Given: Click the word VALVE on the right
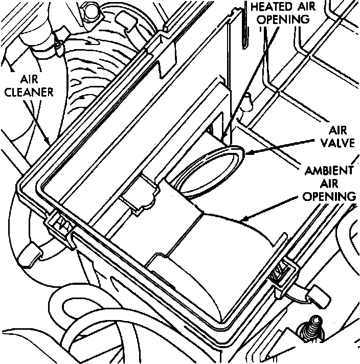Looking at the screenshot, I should (337, 144).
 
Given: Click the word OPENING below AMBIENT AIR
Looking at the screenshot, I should (329, 197).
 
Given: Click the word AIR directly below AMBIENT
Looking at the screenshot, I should (336, 184).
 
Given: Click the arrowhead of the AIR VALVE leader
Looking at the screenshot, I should (246, 152).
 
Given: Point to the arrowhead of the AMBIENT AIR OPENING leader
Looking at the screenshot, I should (238, 220).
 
